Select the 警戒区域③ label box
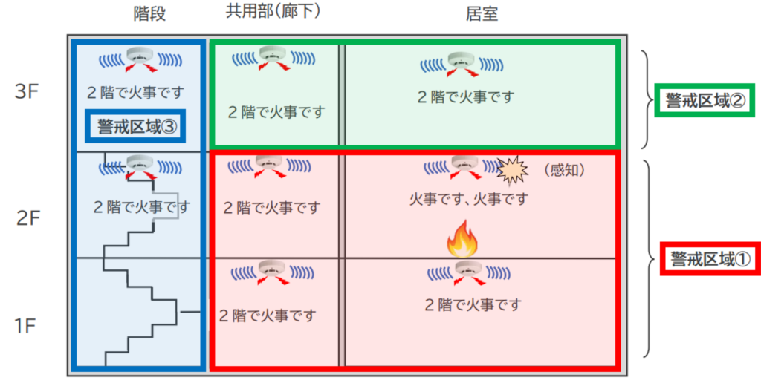135,126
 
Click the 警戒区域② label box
705,100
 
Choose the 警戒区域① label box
710,258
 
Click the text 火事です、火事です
469,199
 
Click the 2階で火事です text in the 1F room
473,304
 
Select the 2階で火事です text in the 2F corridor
272,208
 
